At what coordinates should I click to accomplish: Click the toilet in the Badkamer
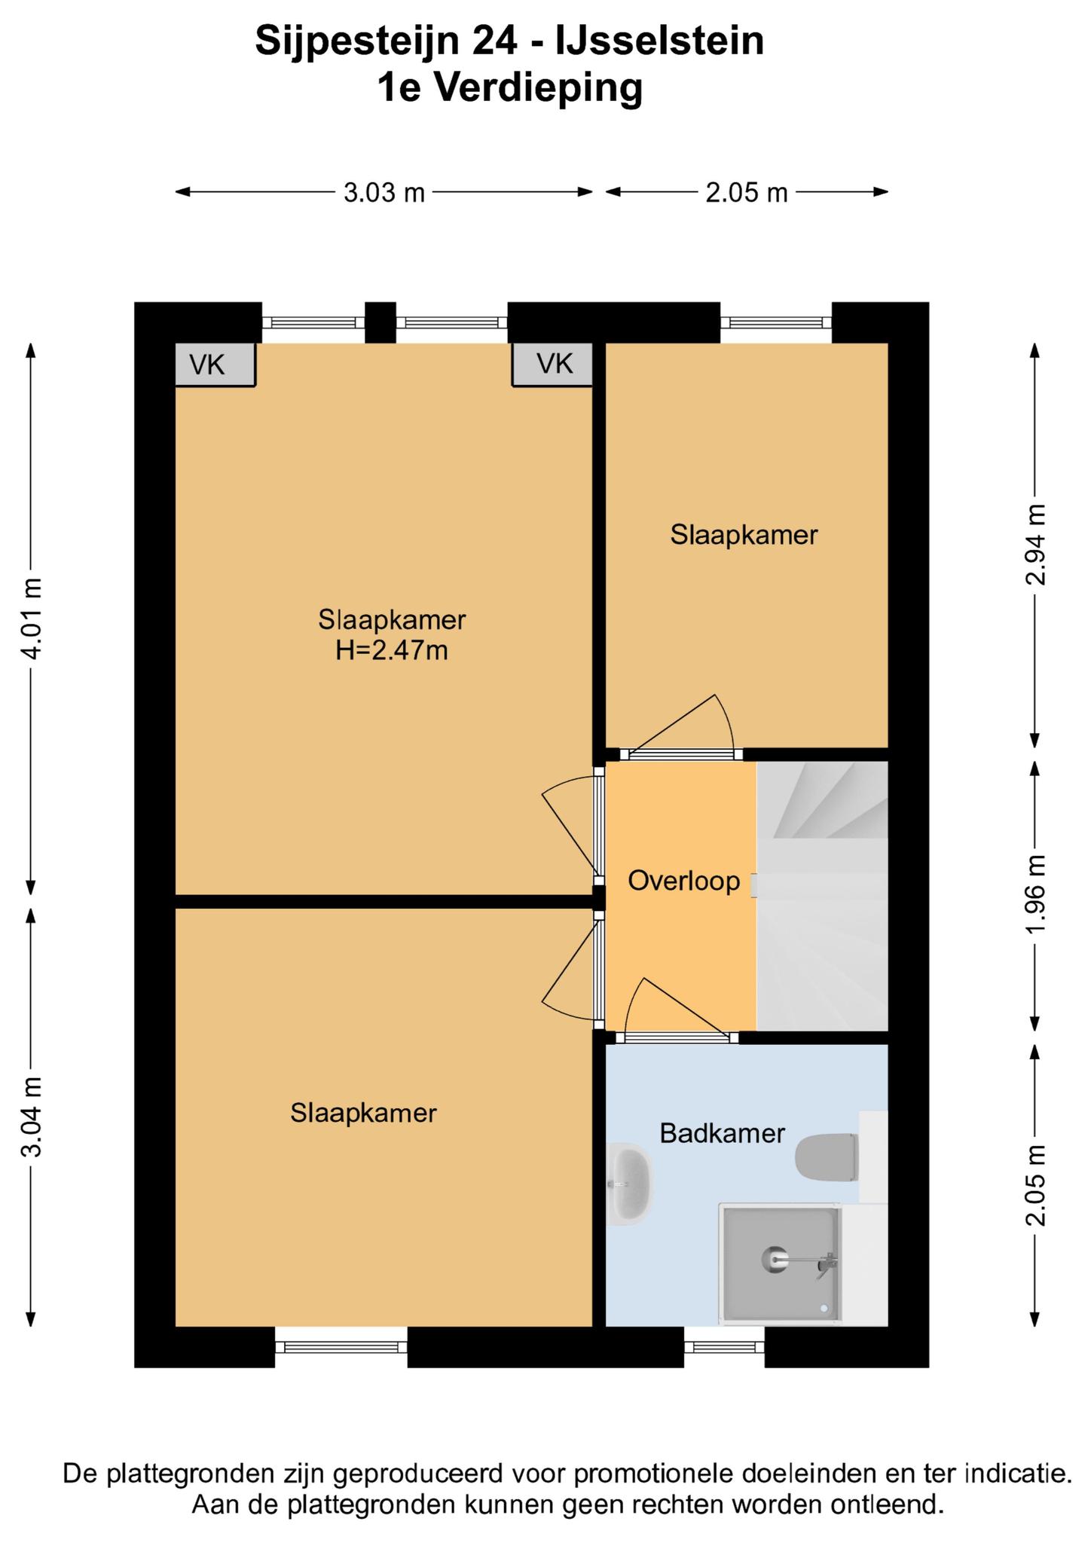pos(827,1157)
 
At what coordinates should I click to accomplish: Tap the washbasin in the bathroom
pos(630,1184)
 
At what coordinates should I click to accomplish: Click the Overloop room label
pos(683,881)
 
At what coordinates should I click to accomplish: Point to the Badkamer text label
pos(722,1133)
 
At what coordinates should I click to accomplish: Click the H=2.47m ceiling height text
pos(392,649)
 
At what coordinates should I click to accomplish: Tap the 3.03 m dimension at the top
pos(384,192)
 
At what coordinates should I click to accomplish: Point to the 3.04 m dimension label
pos(32,1117)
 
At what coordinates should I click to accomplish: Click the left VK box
pos(215,365)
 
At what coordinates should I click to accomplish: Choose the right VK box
pos(552,365)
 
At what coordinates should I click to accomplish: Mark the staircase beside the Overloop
pos(822,896)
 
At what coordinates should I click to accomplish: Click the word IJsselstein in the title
pos(659,41)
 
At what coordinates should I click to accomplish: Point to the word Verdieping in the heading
pos(539,87)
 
